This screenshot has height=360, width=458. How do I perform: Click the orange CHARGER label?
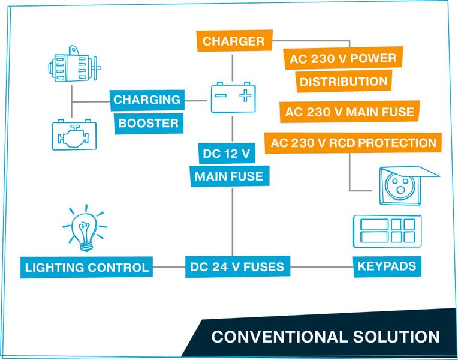(x=233, y=41)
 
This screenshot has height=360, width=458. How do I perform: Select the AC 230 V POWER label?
(x=342, y=59)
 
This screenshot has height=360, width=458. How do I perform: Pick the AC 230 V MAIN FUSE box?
(x=349, y=112)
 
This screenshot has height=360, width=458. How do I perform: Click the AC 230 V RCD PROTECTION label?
(x=353, y=143)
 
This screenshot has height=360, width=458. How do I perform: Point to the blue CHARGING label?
(x=146, y=100)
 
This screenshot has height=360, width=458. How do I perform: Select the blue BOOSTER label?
(x=147, y=124)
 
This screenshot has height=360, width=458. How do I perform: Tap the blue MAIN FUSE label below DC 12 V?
(x=228, y=176)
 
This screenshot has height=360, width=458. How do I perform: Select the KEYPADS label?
(x=387, y=265)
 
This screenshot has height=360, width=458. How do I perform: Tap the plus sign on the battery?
(x=245, y=95)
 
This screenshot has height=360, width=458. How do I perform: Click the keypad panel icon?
(x=387, y=231)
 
